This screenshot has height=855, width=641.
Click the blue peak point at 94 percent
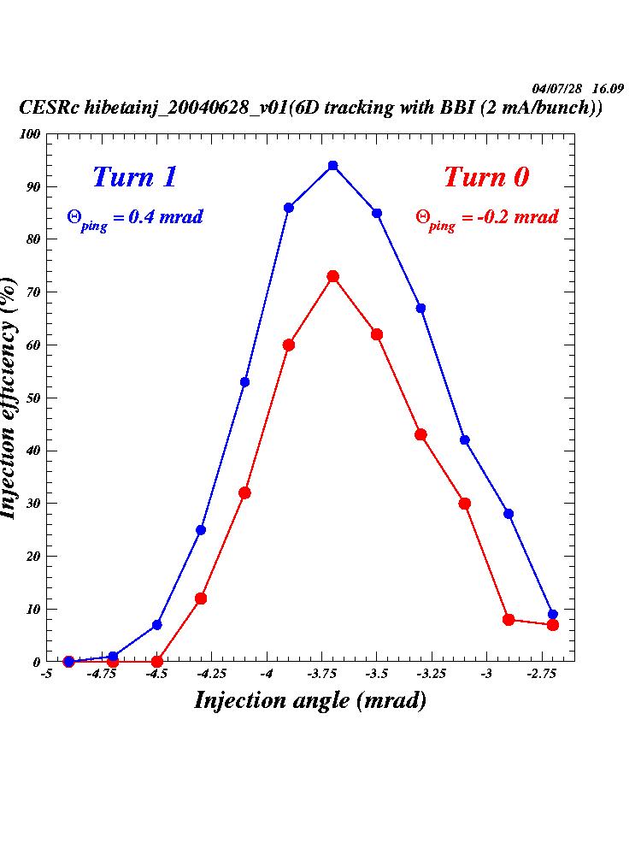[x=332, y=166]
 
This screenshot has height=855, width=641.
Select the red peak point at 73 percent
[x=332, y=276]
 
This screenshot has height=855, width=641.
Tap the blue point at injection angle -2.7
[x=552, y=614]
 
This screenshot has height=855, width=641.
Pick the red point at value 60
[x=289, y=345]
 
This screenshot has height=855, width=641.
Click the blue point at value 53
[x=244, y=382]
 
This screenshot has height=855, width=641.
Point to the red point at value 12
[x=201, y=598]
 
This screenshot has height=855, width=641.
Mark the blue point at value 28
[x=509, y=514]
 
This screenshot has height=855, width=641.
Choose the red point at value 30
[x=465, y=504]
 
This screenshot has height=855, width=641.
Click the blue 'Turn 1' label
[x=134, y=177]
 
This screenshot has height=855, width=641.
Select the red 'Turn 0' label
[x=486, y=177]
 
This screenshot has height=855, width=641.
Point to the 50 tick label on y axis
[x=33, y=398]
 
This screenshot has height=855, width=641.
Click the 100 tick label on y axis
[x=31, y=134]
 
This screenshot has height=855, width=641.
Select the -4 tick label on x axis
[x=267, y=674]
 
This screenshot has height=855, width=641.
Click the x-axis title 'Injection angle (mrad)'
[x=310, y=700]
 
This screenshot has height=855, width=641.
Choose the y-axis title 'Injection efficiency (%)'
[x=10, y=398]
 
